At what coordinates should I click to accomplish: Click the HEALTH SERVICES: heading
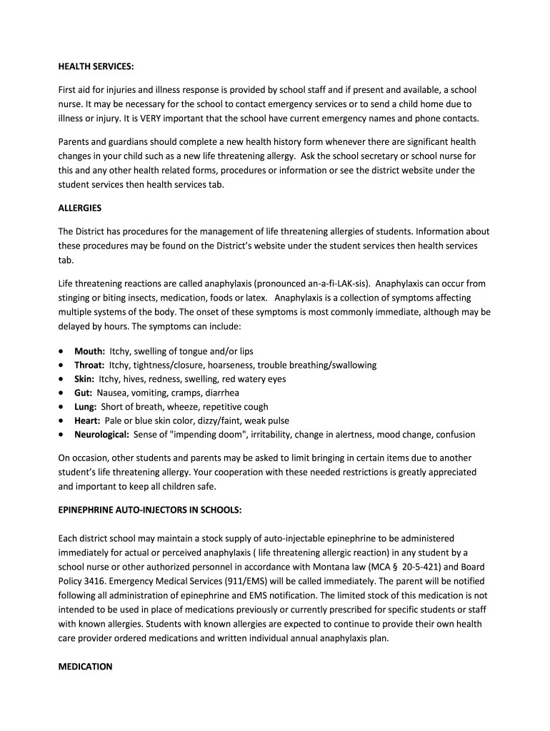(x=96, y=66)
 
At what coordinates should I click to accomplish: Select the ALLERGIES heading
(x=80, y=208)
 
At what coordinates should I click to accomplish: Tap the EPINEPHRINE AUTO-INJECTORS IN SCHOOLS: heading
(x=150, y=510)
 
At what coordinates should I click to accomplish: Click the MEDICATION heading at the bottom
(x=85, y=667)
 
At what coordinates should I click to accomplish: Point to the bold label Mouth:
(x=90, y=351)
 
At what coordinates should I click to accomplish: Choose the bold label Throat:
(x=90, y=365)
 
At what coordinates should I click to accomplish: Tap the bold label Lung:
(x=86, y=407)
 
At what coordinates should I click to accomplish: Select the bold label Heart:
(x=87, y=421)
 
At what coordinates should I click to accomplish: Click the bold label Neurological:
(x=102, y=435)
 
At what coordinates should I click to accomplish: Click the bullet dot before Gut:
(x=63, y=393)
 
